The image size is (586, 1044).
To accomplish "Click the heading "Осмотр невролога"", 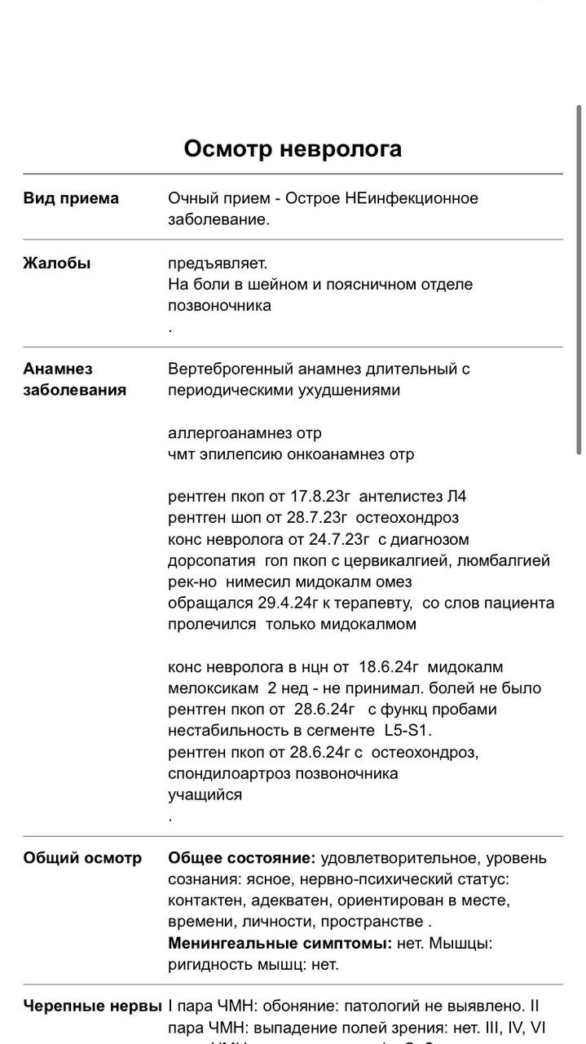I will (293, 148).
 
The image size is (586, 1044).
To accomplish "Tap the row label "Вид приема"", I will (71, 198).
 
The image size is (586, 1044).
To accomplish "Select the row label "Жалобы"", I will (57, 263).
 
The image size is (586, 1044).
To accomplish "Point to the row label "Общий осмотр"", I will (82, 858).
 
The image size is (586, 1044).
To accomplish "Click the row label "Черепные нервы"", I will (92, 1006).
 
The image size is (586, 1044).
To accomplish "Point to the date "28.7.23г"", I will (315, 518).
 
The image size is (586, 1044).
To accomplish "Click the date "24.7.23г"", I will (337, 540).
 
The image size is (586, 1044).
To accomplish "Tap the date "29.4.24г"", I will (289, 604).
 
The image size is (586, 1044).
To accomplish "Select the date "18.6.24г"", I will (389, 667).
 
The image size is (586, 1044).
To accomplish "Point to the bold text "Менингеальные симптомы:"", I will (280, 944).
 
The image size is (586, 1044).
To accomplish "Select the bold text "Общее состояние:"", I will (241, 858).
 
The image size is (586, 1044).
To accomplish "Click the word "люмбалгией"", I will (504, 561).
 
